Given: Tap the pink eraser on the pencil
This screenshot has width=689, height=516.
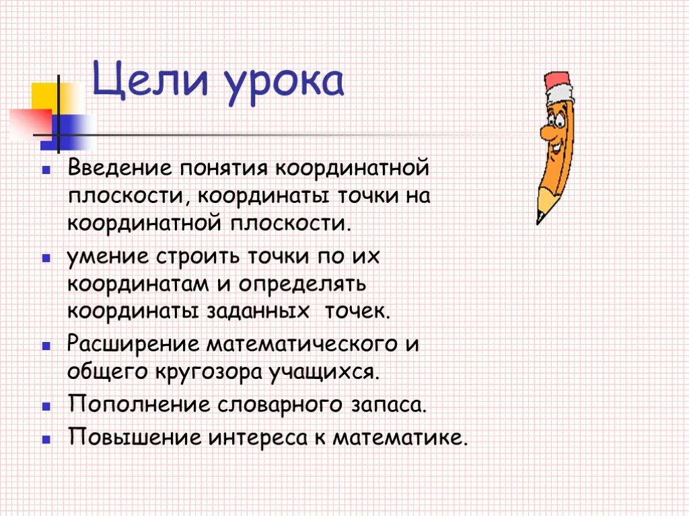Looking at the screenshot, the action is [558, 81].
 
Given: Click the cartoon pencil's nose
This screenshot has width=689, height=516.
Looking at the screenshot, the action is [546, 131].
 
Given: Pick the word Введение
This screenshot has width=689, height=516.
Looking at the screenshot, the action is [120, 168].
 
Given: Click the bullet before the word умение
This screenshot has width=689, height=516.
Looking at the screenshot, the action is [46, 258].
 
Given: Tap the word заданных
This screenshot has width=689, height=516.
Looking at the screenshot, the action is [258, 312].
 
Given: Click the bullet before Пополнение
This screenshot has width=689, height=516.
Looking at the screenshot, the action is [46, 406].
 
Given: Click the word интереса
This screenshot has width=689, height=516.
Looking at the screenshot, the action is [258, 437].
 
